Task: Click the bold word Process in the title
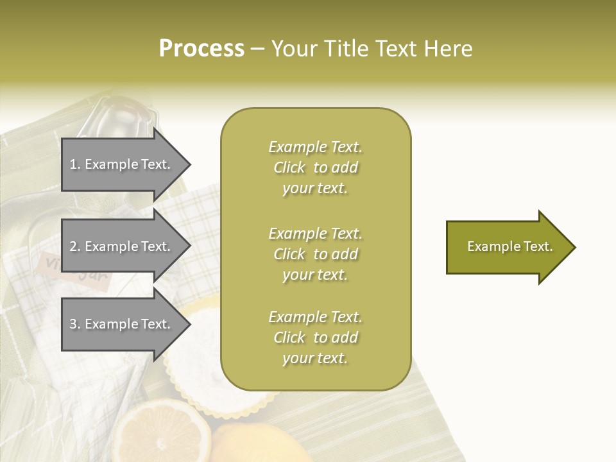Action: pos(201,49)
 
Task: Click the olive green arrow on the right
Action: pos(507,247)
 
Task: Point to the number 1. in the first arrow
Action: pos(75,164)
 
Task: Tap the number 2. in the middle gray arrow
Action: pos(75,246)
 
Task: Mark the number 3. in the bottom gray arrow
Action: pos(75,324)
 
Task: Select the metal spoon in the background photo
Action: pos(122,116)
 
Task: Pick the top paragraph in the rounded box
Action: pos(315,167)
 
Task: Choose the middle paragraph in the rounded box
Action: pos(315,254)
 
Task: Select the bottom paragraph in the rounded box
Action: pos(315,338)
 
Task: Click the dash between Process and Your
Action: pos(258,49)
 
